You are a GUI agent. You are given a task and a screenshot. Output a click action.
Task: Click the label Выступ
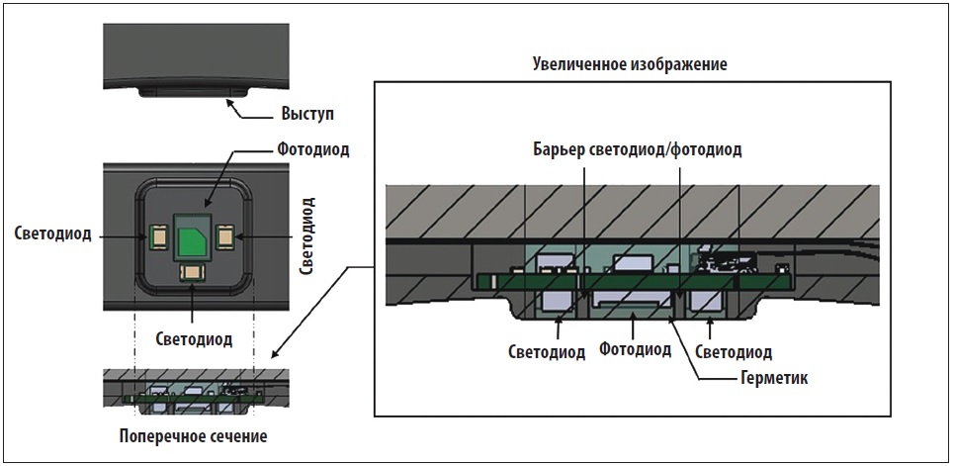coord(307,114)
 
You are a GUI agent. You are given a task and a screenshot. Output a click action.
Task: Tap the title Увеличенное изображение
coord(630,64)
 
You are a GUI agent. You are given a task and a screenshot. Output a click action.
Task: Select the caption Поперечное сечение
coord(193,436)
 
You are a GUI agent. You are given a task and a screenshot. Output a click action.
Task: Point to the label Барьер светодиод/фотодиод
coord(637,149)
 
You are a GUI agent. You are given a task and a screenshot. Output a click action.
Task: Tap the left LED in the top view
coord(157,234)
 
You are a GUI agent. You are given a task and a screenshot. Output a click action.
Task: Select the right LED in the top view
coord(223,234)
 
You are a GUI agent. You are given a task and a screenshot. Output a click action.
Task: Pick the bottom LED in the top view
coord(192,273)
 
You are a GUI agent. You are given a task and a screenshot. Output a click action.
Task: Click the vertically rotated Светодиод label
coord(307,235)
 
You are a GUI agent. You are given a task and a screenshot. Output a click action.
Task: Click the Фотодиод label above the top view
coord(312,149)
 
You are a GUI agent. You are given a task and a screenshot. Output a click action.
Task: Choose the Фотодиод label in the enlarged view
coord(636,349)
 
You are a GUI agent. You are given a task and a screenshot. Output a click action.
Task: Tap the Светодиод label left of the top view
coord(53,234)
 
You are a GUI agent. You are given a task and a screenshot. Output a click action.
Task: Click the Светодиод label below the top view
coord(194,339)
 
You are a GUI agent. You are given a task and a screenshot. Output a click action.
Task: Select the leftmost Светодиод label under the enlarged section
coord(547,352)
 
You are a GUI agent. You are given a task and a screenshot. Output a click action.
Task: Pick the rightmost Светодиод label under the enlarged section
coord(734,352)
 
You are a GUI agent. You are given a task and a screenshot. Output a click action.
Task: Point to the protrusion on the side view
coord(194,92)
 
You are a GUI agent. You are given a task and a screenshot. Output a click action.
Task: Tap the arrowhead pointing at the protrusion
coord(230,103)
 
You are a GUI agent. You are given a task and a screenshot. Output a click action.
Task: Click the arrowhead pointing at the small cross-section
coord(274,355)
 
